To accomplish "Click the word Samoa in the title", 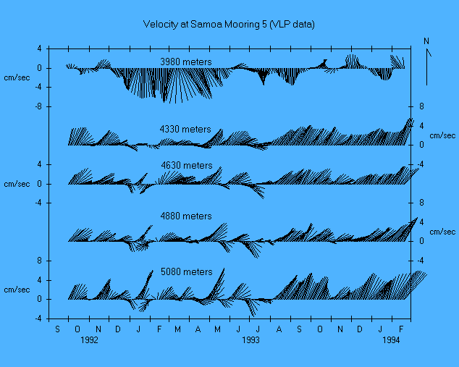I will point(206,25).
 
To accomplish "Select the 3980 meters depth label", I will point(187,61).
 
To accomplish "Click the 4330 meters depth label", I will point(185,129).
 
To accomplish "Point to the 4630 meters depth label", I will point(187,165).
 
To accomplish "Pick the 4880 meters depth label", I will point(186,216).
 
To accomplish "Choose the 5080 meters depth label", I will point(187,271).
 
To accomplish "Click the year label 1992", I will point(89,339).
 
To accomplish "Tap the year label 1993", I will point(250,339).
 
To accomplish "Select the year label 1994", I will point(391,339).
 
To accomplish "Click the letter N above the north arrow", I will point(426,41).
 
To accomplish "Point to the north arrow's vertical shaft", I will point(428,69).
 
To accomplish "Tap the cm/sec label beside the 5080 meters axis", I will point(15,290).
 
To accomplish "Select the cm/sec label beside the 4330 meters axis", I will point(442,135).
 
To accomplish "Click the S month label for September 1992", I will point(59,328).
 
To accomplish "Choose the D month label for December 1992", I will point(118,328).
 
